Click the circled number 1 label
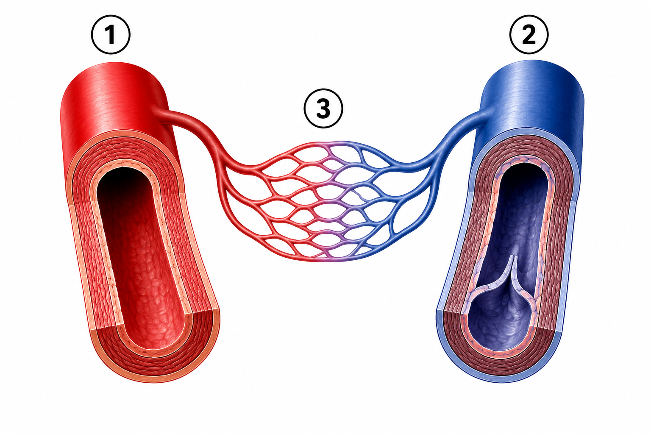point(111,35)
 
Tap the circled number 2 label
point(529,35)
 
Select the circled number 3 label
point(323,108)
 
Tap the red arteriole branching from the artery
point(192,131)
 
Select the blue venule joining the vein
point(453,136)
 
